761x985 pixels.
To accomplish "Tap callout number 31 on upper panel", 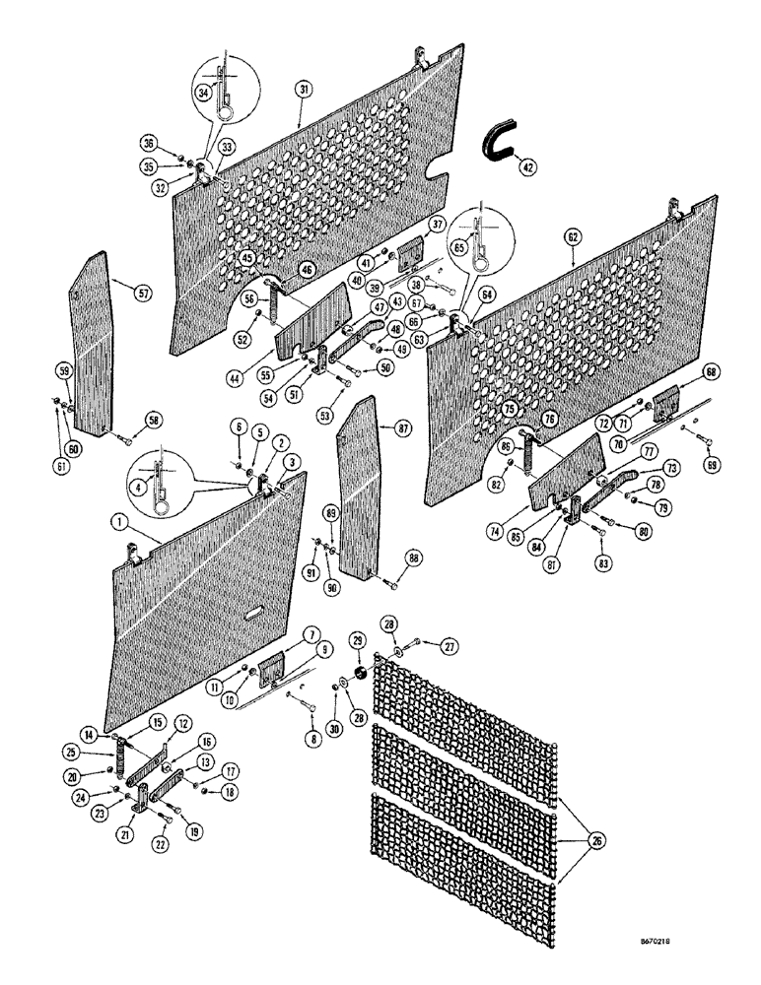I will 303,89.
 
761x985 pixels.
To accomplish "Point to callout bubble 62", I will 572,236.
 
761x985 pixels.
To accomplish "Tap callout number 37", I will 437,225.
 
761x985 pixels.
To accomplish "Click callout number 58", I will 154,418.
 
